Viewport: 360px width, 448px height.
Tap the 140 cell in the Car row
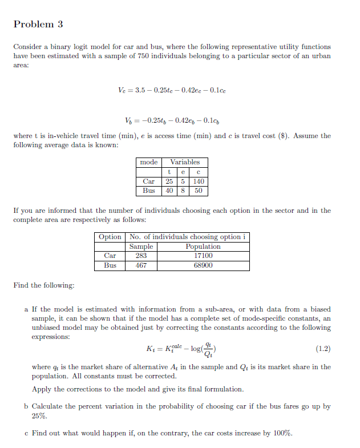[x=199, y=181]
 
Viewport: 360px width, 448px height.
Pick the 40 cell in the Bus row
[x=169, y=190]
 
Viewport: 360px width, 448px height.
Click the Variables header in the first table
[x=185, y=162]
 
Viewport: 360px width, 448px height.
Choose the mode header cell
[x=149, y=162]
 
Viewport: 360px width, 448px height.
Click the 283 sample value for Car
[x=141, y=256]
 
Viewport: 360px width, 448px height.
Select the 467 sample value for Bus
[x=141, y=265]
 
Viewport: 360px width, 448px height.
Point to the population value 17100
[x=203, y=256]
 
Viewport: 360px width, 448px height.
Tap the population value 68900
[x=203, y=265]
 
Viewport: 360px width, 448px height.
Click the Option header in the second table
[x=110, y=237]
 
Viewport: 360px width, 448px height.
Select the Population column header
[x=203, y=247]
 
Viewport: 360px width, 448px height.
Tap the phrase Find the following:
[x=43, y=285]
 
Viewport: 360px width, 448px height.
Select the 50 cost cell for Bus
[x=199, y=190]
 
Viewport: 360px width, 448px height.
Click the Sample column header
[x=141, y=247]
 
